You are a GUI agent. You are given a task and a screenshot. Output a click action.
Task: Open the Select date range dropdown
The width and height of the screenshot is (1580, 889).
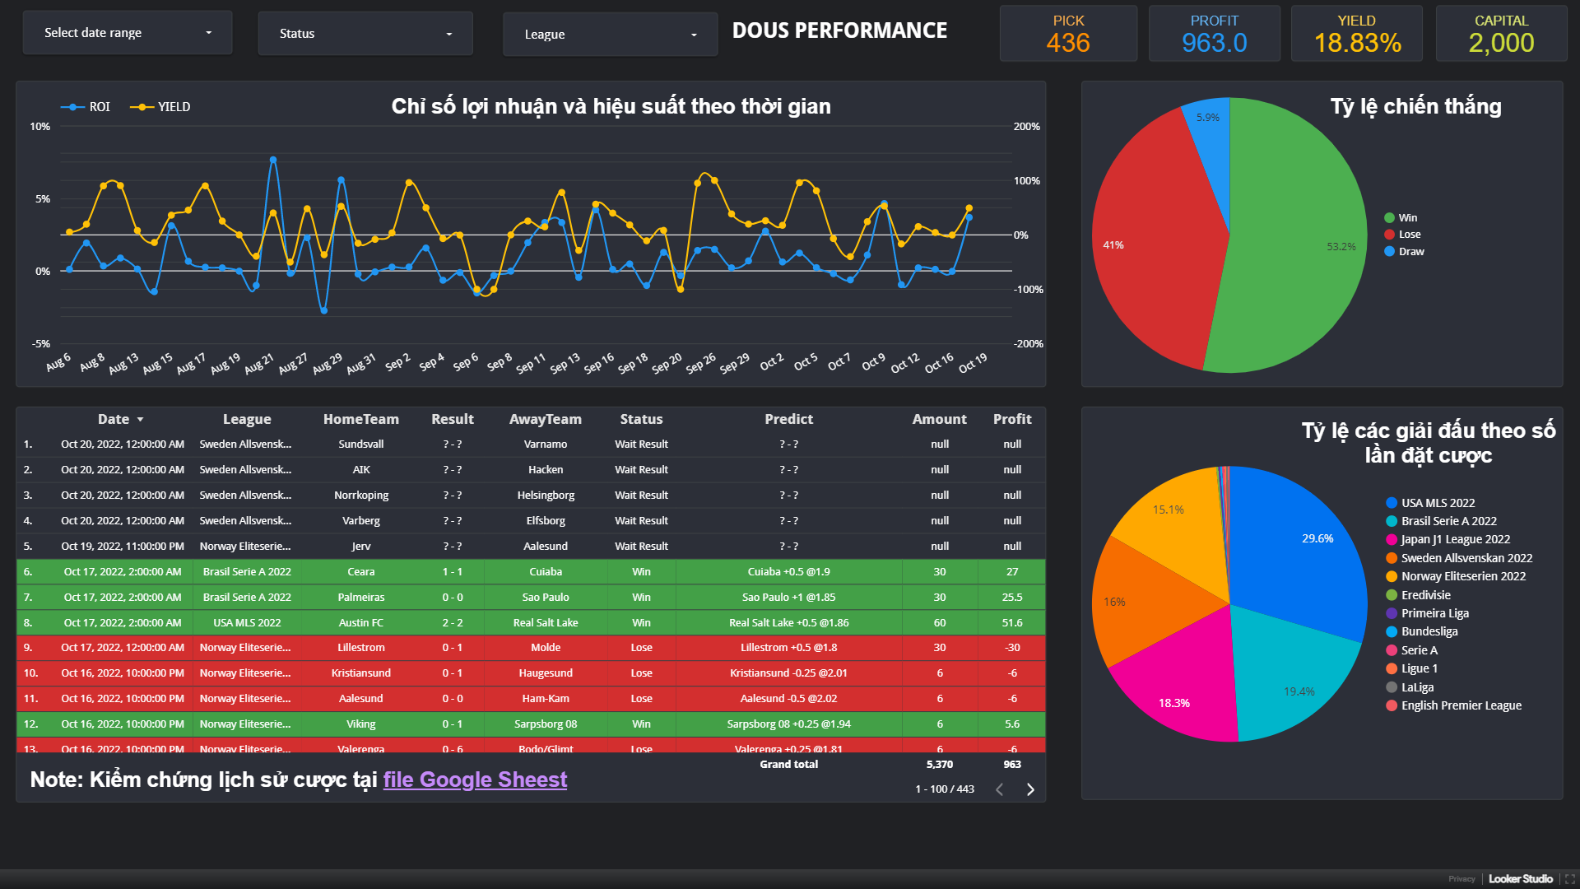(128, 33)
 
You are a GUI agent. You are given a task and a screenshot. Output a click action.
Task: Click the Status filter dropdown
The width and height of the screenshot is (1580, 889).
(365, 34)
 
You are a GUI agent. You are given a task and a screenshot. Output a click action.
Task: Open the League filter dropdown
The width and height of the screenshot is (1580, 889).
(610, 35)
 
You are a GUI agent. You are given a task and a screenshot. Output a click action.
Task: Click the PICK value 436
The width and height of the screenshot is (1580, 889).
(1068, 43)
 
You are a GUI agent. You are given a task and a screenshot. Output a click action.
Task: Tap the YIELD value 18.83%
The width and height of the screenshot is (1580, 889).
(1357, 43)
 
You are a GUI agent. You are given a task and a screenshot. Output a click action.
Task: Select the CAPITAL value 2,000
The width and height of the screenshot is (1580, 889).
(1501, 43)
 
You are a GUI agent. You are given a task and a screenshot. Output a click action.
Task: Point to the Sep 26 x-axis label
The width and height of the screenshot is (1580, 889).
(701, 364)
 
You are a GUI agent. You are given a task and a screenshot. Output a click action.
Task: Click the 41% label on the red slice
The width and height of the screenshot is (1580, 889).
(1113, 245)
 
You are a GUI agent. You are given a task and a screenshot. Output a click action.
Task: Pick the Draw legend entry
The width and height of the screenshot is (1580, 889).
(1410, 252)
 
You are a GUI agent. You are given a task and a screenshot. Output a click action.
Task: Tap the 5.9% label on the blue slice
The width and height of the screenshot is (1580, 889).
(1207, 118)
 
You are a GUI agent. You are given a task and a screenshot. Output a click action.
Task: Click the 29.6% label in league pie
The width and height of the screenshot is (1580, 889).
(1317, 538)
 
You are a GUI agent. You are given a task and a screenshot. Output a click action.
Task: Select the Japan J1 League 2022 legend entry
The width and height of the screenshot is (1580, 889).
(1455, 540)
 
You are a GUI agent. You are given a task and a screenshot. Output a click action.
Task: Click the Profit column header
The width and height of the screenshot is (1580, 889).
(1011, 419)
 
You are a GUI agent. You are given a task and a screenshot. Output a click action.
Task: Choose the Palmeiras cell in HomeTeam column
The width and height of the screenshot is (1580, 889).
(360, 597)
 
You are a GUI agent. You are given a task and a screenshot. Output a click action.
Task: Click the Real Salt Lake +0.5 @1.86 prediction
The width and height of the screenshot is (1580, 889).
(788, 622)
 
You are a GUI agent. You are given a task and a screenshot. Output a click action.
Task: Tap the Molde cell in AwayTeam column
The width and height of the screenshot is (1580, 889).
(545, 648)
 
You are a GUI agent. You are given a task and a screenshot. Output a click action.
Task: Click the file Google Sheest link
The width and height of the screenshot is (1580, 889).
(475, 780)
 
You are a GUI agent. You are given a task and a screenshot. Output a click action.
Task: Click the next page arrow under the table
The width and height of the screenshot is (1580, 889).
(1030, 789)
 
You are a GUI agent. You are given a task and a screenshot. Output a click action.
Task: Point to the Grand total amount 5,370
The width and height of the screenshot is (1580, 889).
(939, 765)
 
